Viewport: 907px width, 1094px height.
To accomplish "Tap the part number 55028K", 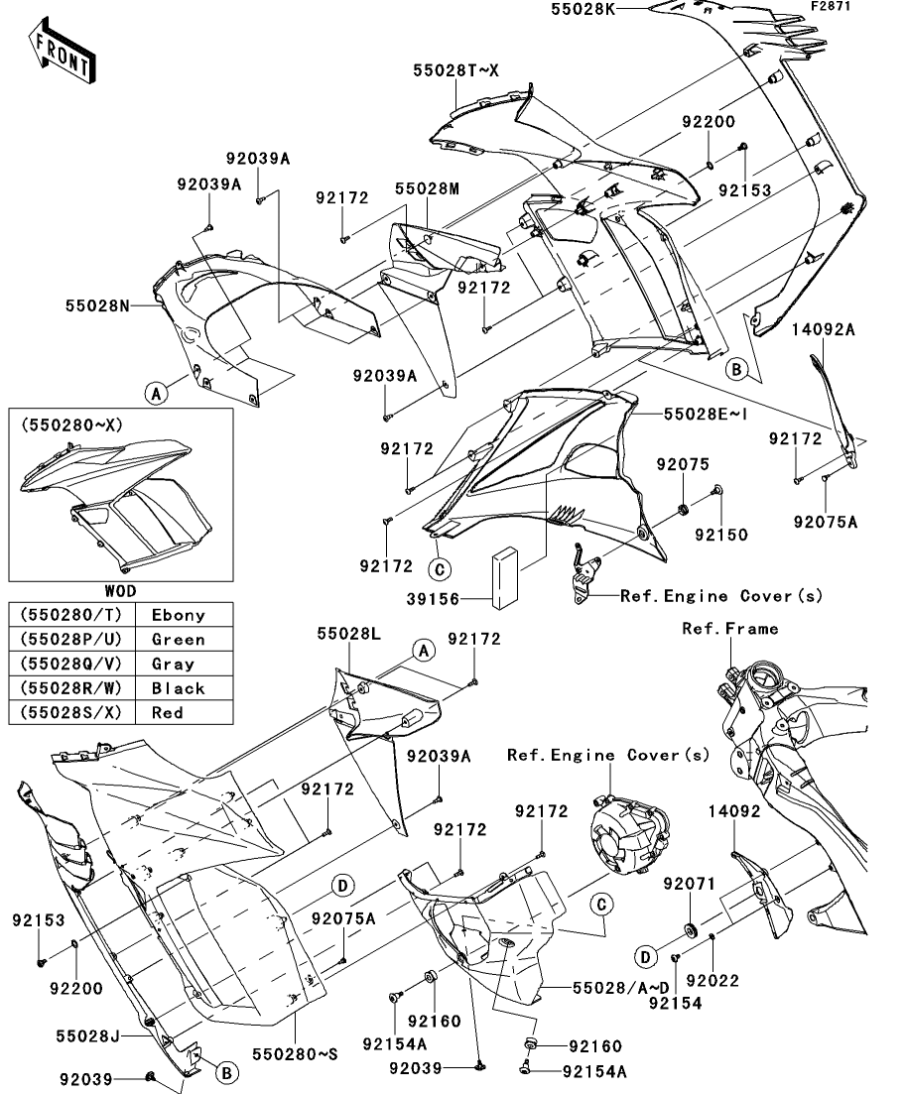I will point(587,9).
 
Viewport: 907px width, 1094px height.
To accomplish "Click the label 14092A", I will point(823,331).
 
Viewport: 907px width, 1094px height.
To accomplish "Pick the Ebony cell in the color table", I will point(178,615).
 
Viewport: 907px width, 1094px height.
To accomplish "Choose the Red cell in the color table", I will point(168,711).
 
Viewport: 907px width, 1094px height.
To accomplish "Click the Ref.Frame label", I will point(729,629).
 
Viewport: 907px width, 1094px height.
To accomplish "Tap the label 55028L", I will point(344,631).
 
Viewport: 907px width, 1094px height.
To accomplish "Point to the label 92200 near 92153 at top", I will point(708,123).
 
